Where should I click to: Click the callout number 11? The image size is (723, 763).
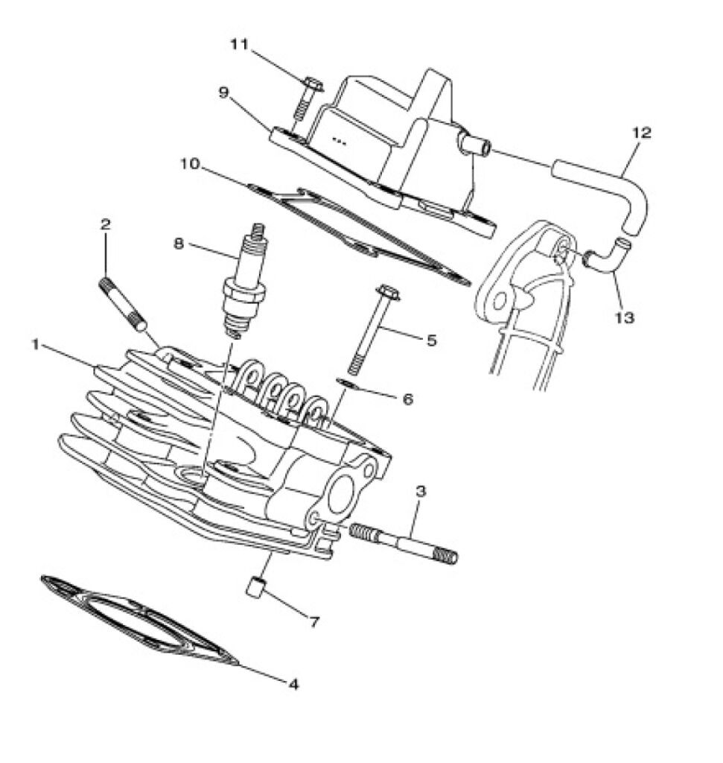click(239, 44)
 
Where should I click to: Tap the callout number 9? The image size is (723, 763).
click(223, 92)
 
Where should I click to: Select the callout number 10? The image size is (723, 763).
click(190, 163)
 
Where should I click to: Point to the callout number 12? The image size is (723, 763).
click(641, 133)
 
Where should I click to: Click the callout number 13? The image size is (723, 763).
click(625, 317)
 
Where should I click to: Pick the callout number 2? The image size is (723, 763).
click(106, 224)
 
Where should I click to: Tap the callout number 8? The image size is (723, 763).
click(179, 244)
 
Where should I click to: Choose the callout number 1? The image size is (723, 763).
click(35, 344)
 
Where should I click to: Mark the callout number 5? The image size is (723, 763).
click(432, 340)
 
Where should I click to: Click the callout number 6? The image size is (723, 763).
click(407, 399)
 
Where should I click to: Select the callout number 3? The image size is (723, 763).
click(421, 491)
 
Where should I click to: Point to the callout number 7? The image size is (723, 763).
click(314, 621)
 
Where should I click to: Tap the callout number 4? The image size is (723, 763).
click(293, 684)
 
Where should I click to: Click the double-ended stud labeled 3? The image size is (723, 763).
click(403, 542)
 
